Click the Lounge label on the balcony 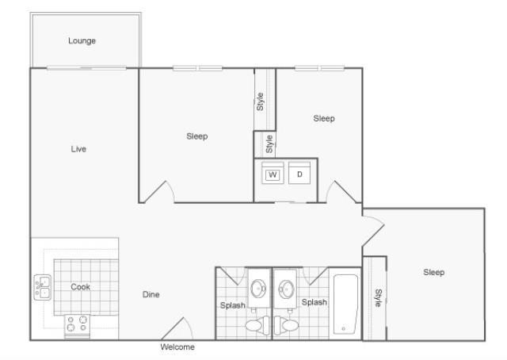[x=82, y=40]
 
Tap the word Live [x=78, y=149]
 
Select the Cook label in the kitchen [x=81, y=287]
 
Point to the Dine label [x=151, y=295]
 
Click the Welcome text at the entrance [x=177, y=347]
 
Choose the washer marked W [x=273, y=174]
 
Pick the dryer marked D [x=299, y=174]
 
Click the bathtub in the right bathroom [x=345, y=304]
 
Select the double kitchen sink [x=42, y=287]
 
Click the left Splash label [x=233, y=305]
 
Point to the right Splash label [x=314, y=302]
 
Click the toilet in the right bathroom [x=288, y=325]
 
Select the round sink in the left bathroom [x=258, y=289]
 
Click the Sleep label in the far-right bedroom [x=433, y=273]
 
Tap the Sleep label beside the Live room [x=197, y=136]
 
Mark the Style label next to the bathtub [x=379, y=297]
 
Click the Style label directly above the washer [x=270, y=144]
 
